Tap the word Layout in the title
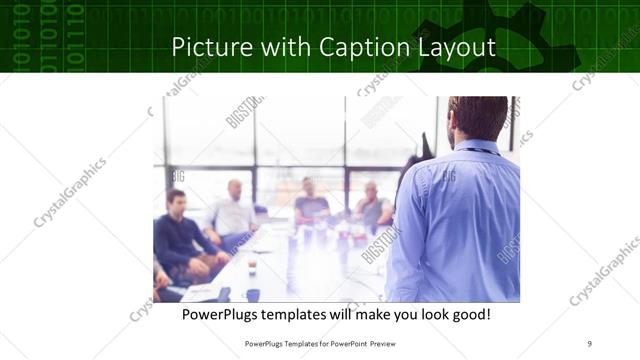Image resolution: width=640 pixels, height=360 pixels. tap(453, 47)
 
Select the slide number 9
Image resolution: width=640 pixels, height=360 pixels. tap(590, 343)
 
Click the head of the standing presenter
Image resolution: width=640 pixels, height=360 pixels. tap(479, 118)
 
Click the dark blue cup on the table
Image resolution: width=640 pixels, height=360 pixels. tap(254, 295)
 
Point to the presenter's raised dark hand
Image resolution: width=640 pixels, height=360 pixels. tap(427, 147)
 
